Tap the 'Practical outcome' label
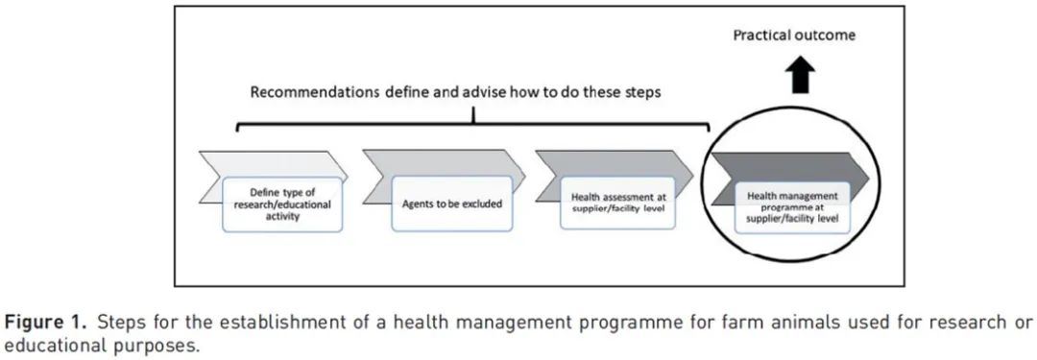point(794,36)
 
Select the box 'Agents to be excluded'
point(451,204)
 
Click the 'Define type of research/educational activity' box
point(282,204)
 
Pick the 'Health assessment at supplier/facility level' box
point(617,203)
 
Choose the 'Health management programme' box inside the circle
point(792,207)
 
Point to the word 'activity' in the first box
point(282,216)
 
